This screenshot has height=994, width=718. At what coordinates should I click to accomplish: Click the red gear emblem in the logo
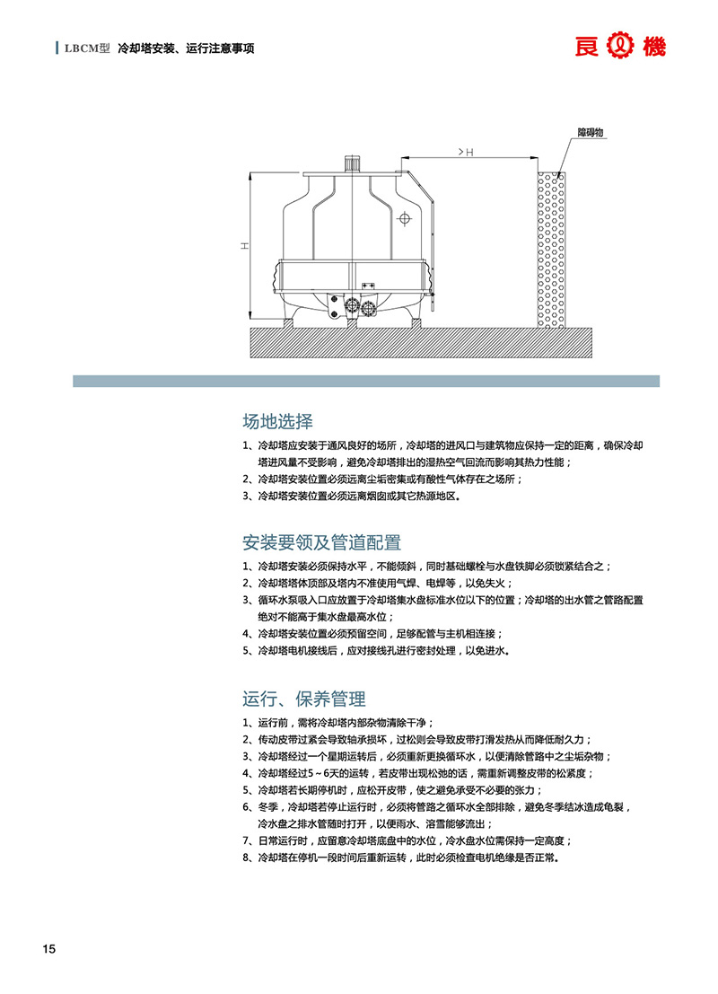tap(620, 47)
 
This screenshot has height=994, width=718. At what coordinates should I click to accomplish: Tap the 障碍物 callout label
tap(590, 133)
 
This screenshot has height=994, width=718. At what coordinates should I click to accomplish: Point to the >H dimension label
tap(466, 152)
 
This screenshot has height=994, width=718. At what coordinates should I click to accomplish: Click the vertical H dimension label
tap(245, 245)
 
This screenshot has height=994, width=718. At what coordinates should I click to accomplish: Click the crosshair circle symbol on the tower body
tap(404, 219)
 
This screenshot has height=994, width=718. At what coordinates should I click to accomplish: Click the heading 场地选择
tap(277, 421)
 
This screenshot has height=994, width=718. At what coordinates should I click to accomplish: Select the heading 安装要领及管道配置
tap(322, 542)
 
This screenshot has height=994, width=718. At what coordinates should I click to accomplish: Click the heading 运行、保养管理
tap(304, 699)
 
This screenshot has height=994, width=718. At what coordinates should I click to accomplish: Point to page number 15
tap(48, 949)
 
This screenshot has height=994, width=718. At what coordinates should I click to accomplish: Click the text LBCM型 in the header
tap(87, 48)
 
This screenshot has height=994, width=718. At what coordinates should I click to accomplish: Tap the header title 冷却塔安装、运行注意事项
tap(186, 48)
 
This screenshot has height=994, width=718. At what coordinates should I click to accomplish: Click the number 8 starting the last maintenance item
tap(245, 858)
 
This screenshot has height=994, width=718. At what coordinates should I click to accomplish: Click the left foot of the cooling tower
tap(288, 321)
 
